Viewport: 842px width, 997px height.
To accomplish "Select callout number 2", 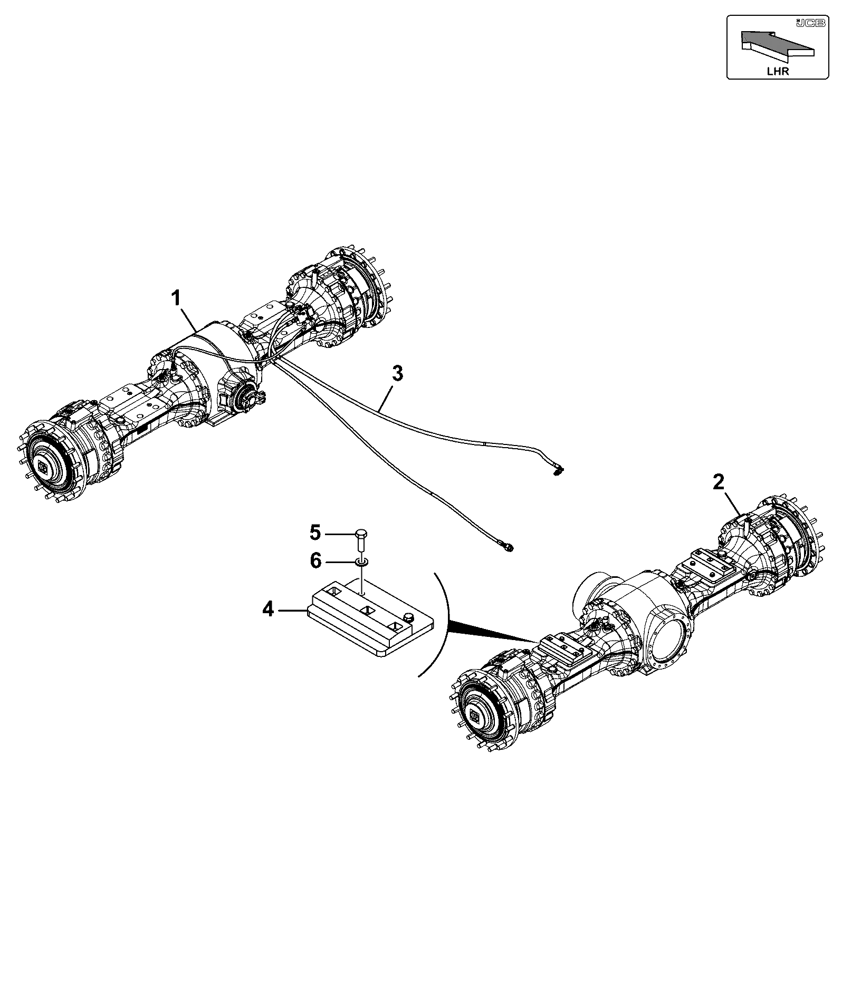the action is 719,482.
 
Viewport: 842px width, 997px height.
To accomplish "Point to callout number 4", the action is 269,610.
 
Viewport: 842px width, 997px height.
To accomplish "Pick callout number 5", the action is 315,533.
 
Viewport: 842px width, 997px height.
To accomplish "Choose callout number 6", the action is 315,561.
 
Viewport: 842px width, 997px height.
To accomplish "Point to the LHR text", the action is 778,71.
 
